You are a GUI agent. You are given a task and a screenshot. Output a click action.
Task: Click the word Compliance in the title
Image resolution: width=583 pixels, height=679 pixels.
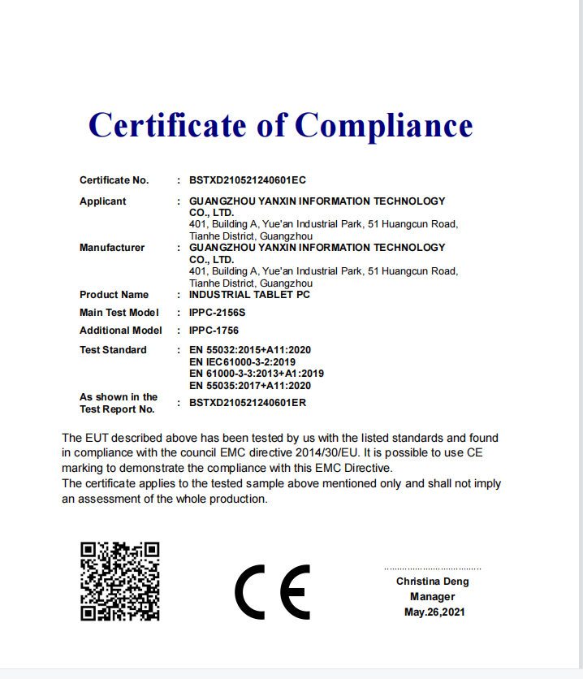click(x=383, y=125)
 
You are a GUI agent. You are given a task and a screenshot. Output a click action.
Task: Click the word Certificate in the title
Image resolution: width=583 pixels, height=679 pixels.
click(x=167, y=125)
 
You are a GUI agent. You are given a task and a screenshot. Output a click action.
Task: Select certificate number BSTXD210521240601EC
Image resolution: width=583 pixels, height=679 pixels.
click(x=247, y=180)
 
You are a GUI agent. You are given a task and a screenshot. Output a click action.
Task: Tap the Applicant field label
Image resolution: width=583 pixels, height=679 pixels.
click(x=103, y=201)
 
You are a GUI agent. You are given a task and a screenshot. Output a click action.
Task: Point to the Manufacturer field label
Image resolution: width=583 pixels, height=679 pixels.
click(x=112, y=248)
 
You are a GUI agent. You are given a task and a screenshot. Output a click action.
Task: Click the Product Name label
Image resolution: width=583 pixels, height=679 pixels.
click(x=114, y=295)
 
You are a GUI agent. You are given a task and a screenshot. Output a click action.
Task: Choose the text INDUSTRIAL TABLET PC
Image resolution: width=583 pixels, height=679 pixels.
click(x=249, y=295)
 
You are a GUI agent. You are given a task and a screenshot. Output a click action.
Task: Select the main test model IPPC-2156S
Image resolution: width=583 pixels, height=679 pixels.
click(x=217, y=313)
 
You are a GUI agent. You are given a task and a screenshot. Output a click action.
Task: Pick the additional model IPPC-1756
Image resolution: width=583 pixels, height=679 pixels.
click(x=214, y=331)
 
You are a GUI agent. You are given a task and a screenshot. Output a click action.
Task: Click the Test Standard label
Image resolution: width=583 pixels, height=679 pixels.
click(x=113, y=350)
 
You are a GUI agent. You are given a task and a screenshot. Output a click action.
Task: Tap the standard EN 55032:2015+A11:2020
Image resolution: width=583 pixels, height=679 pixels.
click(x=250, y=350)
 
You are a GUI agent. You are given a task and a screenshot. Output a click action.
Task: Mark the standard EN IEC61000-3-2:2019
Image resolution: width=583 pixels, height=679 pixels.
click(x=242, y=362)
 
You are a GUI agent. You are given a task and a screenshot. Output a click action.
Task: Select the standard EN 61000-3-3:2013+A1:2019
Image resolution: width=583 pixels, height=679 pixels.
click(x=256, y=374)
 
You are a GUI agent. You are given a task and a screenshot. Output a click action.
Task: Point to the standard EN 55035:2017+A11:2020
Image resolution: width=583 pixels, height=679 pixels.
click(x=250, y=386)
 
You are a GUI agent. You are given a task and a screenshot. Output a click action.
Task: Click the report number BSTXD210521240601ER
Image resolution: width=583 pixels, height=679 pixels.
click(x=247, y=402)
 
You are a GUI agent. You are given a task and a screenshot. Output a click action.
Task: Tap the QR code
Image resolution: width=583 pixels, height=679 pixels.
click(x=120, y=582)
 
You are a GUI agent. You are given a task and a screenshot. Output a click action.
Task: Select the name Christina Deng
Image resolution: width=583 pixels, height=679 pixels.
click(x=432, y=582)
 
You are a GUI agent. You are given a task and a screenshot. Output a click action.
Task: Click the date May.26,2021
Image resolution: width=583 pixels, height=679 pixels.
click(x=434, y=612)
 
